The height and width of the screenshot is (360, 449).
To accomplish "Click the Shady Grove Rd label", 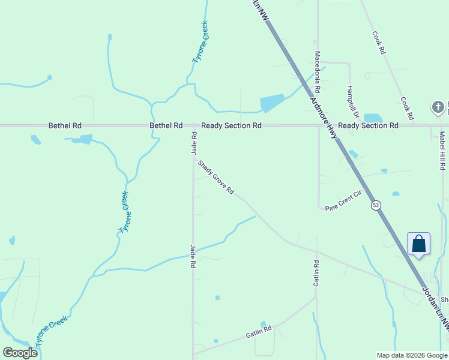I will point(216,177).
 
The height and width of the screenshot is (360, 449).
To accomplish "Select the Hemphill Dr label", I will point(352,101).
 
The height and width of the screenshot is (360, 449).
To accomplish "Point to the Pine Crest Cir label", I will point(345,201).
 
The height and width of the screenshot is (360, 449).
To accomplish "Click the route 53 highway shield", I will point(376,205).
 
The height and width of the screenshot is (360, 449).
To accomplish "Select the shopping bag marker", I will point(418,244).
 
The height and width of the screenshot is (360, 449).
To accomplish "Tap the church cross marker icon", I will point(438,107).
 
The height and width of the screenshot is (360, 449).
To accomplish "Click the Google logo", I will point(20,353).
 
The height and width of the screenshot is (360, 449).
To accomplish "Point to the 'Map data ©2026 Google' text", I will point(412,355).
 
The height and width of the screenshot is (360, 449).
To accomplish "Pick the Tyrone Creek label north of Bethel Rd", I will point(200,42).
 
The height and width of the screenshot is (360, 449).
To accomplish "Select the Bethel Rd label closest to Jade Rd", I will point(166,125).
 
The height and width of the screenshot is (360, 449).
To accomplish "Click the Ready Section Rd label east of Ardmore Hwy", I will point(368,125).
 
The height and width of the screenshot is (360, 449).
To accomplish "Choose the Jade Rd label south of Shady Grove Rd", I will point(193,256).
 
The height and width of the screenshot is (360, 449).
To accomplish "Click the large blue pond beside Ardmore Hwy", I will point(272,103).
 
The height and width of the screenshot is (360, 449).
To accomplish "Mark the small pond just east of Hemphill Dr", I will point(373,118).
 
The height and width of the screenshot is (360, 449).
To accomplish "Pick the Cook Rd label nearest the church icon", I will point(407,107).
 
